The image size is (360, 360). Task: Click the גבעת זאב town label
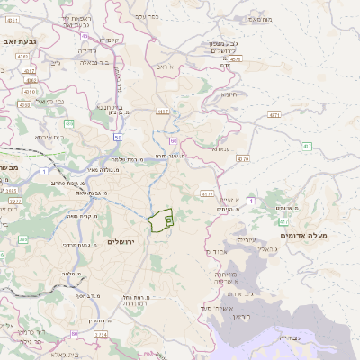tap(18, 40)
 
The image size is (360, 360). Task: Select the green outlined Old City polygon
tap(160, 220)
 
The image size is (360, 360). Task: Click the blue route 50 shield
tap(118, 138)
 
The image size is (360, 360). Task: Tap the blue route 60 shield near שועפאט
tap(173, 140)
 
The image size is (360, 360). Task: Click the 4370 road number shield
tap(242, 158)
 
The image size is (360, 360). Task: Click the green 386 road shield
tap(22, 239)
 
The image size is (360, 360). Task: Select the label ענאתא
tap(221, 148)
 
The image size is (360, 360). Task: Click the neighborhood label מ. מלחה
tap(71, 273)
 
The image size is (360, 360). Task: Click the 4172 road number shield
tap(206, 193)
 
